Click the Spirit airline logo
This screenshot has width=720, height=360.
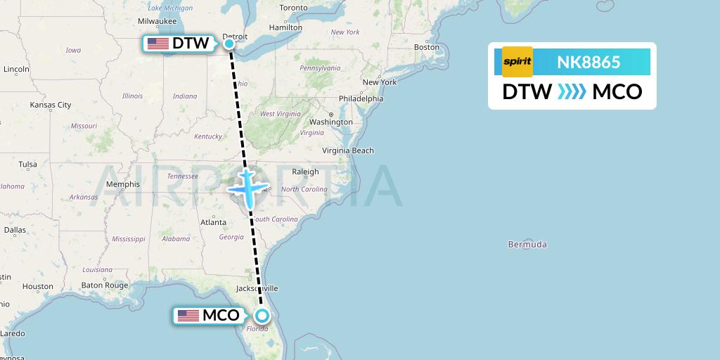(517, 62)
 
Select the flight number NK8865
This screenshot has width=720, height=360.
(589, 63)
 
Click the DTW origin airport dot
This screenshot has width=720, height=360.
(229, 44)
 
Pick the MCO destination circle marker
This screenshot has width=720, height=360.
(262, 316)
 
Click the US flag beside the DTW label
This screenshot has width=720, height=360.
(158, 44)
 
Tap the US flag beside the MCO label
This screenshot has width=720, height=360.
(188, 316)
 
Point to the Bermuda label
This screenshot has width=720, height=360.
(527, 245)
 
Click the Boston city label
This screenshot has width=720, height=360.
(427, 47)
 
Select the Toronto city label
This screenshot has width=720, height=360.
(293, 8)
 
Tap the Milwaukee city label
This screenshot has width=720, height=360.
(157, 21)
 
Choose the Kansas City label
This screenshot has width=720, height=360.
(51, 105)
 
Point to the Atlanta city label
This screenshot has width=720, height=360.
(214, 222)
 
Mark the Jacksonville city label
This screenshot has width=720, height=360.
(257, 288)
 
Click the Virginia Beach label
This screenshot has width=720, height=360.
(348, 150)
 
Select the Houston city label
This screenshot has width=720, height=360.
(37, 286)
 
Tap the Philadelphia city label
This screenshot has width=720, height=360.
(360, 98)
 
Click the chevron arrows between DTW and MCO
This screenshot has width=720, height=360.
(572, 92)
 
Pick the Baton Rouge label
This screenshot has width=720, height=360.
(105, 285)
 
